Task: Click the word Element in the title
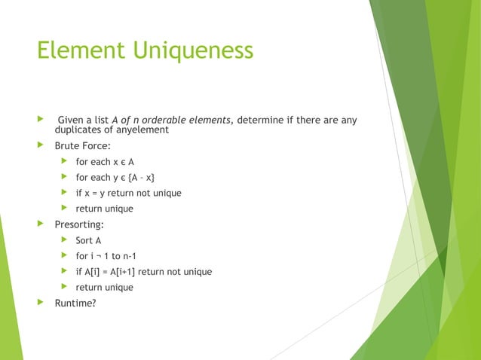click(82, 50)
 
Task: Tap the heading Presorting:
click(79, 224)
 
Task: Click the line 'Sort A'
click(88, 240)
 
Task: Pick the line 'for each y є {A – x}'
click(117, 178)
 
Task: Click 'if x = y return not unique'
click(128, 193)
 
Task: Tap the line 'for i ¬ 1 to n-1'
click(106, 256)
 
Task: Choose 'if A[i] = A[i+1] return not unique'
click(143, 272)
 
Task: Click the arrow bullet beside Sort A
click(64, 240)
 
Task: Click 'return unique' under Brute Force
click(104, 209)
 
